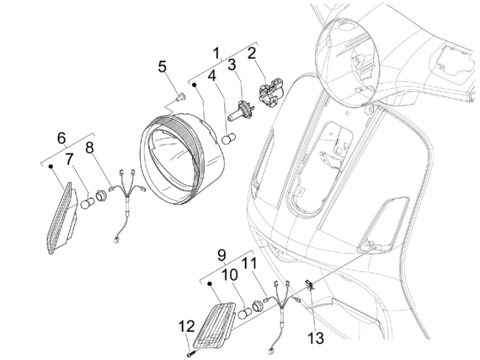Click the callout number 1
(x=216, y=53)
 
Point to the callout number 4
(x=212, y=77)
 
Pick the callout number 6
(x=62, y=138)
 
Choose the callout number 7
(x=70, y=159)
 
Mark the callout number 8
(x=90, y=147)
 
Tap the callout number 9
(x=220, y=255)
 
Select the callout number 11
(x=250, y=263)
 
